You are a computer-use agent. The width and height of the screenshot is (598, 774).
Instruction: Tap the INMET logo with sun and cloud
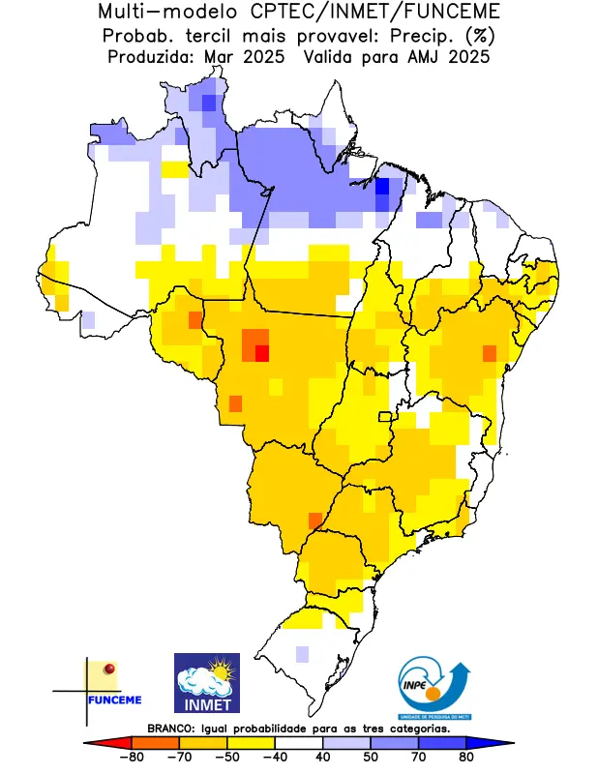(x=207, y=682)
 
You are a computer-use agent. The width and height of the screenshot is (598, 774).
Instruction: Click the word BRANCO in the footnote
(x=170, y=728)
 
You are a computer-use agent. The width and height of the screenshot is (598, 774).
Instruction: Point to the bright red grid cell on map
(x=261, y=353)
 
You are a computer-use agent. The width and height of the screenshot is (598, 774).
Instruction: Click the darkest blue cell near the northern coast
(x=382, y=186)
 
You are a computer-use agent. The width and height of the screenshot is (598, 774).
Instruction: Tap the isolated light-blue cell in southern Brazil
(x=303, y=654)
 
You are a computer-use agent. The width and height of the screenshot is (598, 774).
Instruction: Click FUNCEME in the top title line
(x=457, y=13)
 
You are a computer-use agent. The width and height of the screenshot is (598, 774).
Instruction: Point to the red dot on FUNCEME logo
(x=109, y=669)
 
